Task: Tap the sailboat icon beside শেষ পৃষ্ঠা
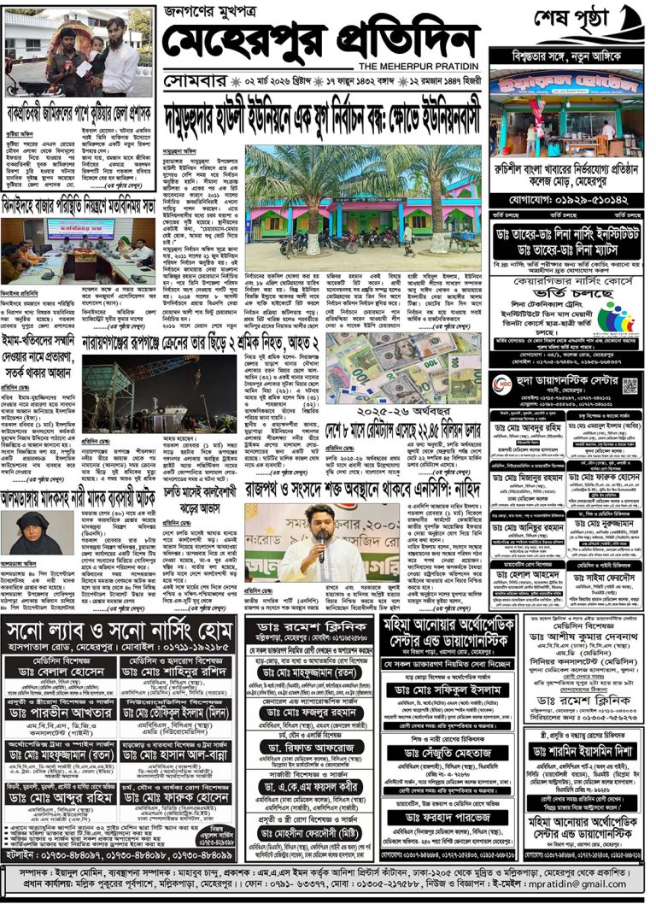coord(631,18)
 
